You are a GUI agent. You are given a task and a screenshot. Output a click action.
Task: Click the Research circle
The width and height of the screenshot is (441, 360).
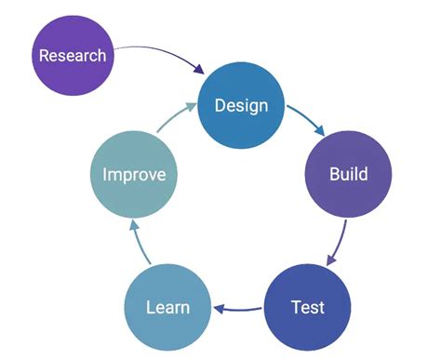click(x=72, y=55)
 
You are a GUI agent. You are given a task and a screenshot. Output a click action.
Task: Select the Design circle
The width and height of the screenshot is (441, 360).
click(x=241, y=104)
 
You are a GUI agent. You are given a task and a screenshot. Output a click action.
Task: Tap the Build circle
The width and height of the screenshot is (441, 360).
click(x=349, y=174)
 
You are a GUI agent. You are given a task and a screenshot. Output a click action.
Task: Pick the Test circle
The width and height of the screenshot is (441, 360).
click(x=308, y=306)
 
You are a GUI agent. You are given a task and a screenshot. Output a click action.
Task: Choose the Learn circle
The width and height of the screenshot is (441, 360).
click(x=168, y=306)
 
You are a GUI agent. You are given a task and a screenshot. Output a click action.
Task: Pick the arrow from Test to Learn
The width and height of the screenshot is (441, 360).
click(x=239, y=309)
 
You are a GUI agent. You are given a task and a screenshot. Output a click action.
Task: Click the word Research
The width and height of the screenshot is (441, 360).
click(x=72, y=55)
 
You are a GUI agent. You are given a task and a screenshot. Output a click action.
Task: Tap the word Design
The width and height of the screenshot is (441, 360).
click(x=241, y=104)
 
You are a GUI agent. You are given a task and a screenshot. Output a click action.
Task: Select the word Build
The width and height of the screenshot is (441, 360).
click(x=349, y=174)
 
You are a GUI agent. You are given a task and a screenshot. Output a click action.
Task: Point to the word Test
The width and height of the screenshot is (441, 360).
click(x=308, y=306)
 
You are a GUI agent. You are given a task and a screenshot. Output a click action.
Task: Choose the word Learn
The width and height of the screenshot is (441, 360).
click(x=168, y=306)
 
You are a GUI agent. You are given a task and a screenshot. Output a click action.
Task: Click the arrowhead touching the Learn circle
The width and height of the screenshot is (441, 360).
click(x=219, y=309)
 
